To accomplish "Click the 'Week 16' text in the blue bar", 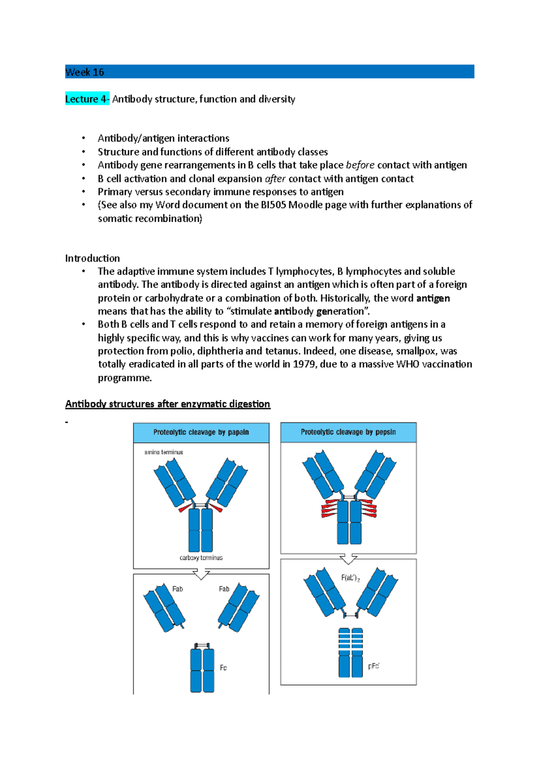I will point(84,72).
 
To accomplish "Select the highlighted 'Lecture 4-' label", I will point(87,99).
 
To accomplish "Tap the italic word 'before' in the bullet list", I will point(360,165).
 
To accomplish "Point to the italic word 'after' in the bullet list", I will point(275,179).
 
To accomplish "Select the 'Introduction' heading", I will point(92,258).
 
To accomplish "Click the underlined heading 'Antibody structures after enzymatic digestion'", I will point(168,404).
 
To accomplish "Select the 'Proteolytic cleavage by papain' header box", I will point(201,432).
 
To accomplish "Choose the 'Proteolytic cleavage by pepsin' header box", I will point(348,432).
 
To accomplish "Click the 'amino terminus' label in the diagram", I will point(163,452).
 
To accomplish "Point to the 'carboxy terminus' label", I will point(201,558).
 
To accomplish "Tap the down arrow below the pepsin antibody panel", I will point(348,559).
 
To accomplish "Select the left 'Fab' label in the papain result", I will point(177,589).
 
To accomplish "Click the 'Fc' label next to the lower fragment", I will point(223,668).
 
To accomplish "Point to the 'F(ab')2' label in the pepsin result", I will point(350,578).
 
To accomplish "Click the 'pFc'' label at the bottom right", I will point(374,666).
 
